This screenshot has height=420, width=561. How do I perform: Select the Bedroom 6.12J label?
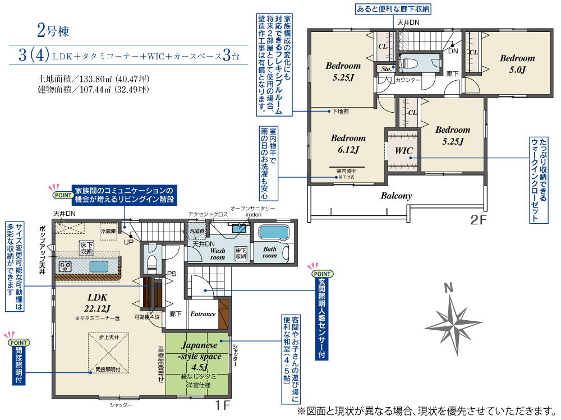coord(348,144)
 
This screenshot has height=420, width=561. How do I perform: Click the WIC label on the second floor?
coord(403,151)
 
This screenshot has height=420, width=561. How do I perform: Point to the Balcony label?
coord(396,196)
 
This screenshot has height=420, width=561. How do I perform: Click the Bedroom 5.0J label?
coord(517,63)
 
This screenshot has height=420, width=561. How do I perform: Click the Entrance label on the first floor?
coord(203,314)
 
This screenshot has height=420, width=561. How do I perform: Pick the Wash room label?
coord(218,254)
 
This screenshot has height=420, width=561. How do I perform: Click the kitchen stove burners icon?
coord(65,266)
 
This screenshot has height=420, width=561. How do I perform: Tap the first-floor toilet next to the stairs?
coord(150,261)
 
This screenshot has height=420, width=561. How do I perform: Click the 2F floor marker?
coord(479,220)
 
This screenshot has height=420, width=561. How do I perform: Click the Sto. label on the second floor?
coord(385,70)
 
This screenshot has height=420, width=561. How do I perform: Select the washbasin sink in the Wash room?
coord(240,228)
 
